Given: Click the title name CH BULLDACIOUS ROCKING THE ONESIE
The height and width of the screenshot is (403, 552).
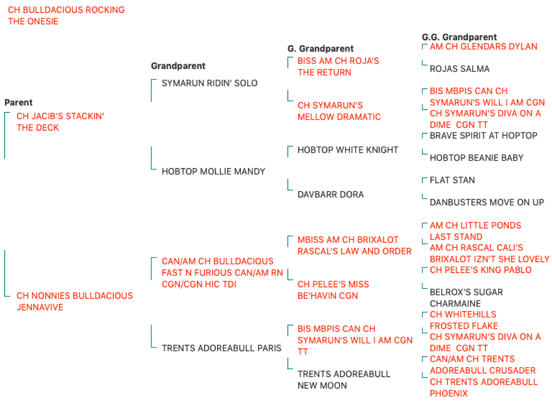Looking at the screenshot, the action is [66, 16].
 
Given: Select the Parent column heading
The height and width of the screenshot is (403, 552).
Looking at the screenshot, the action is [19, 103].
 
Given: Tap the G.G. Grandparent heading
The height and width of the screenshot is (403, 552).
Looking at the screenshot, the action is [459, 37].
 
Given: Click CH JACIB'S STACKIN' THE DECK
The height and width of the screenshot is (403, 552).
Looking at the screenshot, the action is [60, 122].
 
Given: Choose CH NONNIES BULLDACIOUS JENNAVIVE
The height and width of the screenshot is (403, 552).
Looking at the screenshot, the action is [75, 301].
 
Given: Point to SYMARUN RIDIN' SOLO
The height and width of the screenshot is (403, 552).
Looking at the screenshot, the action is [210, 83].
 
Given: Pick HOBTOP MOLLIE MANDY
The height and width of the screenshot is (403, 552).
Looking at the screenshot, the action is [213, 171].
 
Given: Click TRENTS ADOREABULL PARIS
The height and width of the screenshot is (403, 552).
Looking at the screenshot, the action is [222, 348].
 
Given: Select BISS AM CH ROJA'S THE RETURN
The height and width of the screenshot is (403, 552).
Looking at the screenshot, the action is [338, 66].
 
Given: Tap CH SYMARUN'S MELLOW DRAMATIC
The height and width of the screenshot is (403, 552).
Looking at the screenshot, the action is [339, 111].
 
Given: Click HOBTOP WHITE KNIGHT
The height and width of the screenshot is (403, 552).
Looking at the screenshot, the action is [348, 150].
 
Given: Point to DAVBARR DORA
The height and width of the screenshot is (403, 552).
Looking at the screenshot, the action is [331, 194].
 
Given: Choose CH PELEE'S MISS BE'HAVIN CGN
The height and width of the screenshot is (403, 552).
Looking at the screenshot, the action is [333, 290].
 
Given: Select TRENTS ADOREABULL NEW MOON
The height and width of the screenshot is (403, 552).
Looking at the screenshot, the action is [344, 380].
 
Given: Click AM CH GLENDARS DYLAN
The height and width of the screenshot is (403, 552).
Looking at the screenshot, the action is [484, 47].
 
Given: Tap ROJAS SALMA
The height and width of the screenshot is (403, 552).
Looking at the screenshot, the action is [459, 69].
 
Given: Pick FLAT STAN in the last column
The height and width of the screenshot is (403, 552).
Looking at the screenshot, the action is [452, 180].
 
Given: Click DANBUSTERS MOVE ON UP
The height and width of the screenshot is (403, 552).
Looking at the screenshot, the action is [487, 202].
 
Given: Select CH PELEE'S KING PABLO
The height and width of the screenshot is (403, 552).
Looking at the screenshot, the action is [481, 270].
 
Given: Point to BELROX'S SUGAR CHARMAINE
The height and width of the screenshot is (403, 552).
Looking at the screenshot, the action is [466, 298].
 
